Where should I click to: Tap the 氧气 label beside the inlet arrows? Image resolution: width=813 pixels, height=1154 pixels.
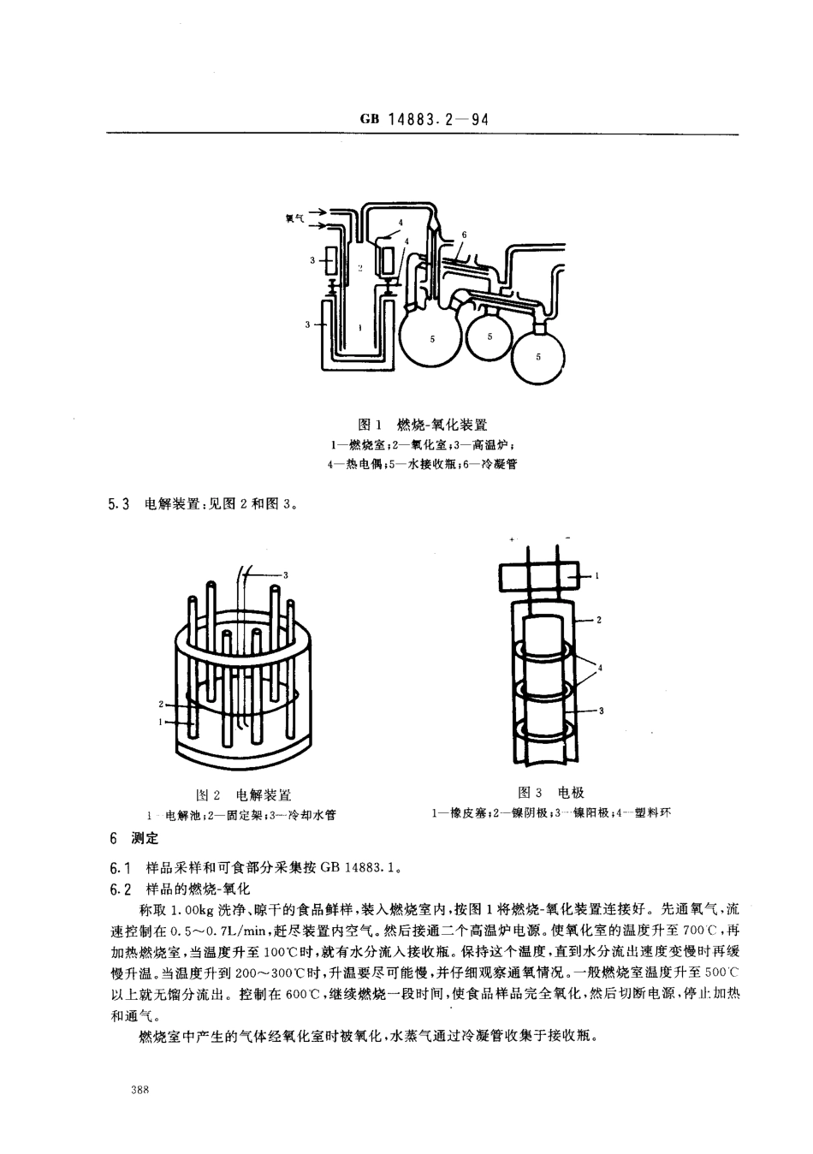(x=295, y=218)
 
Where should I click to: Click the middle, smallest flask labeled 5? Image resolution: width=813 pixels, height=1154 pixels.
(x=489, y=336)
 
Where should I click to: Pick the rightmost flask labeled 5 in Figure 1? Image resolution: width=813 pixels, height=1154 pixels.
(x=537, y=355)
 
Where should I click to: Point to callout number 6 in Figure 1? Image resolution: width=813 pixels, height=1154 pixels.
(x=463, y=234)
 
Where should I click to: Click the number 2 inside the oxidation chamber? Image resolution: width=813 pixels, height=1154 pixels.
(x=360, y=268)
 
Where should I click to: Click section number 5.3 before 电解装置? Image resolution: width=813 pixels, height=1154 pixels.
(x=118, y=504)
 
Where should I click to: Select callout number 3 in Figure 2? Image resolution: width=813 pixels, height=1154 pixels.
(x=285, y=574)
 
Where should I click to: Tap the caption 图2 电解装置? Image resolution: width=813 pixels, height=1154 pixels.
(x=244, y=795)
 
